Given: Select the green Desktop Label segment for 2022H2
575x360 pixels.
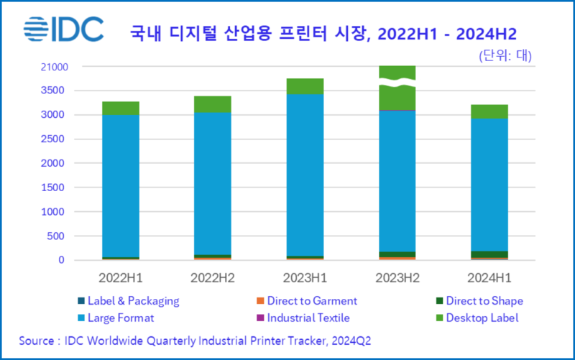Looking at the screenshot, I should click(212, 104).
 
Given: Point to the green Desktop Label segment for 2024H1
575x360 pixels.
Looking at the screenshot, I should click(489, 111).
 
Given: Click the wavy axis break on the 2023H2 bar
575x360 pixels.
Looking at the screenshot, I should click(397, 83).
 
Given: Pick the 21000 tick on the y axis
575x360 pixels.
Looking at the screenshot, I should click(54, 68).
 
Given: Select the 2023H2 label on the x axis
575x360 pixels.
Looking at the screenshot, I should click(397, 276).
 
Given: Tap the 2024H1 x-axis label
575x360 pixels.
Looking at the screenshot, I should click(489, 276).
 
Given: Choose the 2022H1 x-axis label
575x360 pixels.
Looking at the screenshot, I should click(121, 276).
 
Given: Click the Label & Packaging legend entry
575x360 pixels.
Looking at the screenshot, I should click(128, 301).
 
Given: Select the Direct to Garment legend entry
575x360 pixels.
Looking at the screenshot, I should click(307, 301).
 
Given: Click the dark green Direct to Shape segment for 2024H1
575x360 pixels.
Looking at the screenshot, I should click(489, 254).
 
